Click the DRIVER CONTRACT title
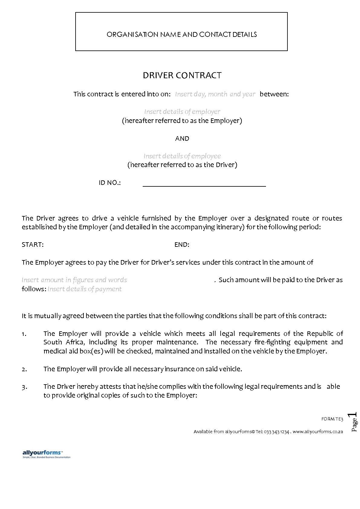[182, 75]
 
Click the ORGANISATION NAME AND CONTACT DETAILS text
[182, 34]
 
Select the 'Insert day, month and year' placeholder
[215, 94]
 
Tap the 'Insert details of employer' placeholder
[182, 111]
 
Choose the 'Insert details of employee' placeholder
[182, 156]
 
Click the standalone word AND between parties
[182, 138]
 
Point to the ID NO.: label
[110, 183]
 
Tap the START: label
[33, 245]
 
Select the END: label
[182, 245]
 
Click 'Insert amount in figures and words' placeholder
[74, 280]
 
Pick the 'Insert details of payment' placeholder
[84, 289]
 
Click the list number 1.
[24, 334]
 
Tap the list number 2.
[24, 369]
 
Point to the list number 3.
[24, 387]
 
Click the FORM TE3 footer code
[332, 419]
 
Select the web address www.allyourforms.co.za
[318, 432]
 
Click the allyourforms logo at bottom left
[46, 454]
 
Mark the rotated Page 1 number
[354, 422]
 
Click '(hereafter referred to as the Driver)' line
[182, 165]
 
